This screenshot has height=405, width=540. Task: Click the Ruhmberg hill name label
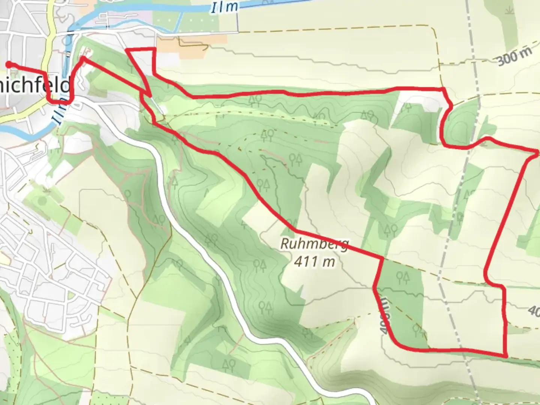click(315, 244)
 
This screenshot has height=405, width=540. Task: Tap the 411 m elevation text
click(314, 261)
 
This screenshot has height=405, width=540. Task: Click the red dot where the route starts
click(8, 65)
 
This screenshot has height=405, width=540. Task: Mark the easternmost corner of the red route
click(538, 152)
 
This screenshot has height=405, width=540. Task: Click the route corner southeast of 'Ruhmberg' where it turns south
click(382, 258)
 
